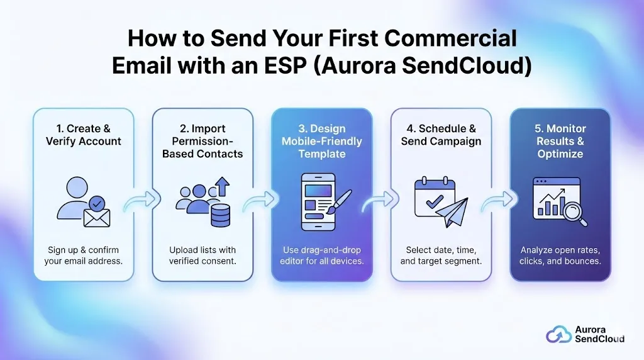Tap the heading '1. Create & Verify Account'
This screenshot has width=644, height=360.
83,135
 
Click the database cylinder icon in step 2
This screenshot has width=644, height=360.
220,215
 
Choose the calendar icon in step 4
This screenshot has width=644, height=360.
434,196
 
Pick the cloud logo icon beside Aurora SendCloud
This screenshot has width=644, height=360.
558,334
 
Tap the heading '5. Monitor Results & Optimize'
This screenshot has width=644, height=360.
560,141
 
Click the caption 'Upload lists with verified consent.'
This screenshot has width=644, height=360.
203,255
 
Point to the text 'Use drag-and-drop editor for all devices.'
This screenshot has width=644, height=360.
321,255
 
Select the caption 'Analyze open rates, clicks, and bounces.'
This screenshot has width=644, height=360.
560,255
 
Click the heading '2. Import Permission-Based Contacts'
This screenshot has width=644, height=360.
203,141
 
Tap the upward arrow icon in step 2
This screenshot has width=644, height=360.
223,187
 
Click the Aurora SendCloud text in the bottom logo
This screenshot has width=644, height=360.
599,334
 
